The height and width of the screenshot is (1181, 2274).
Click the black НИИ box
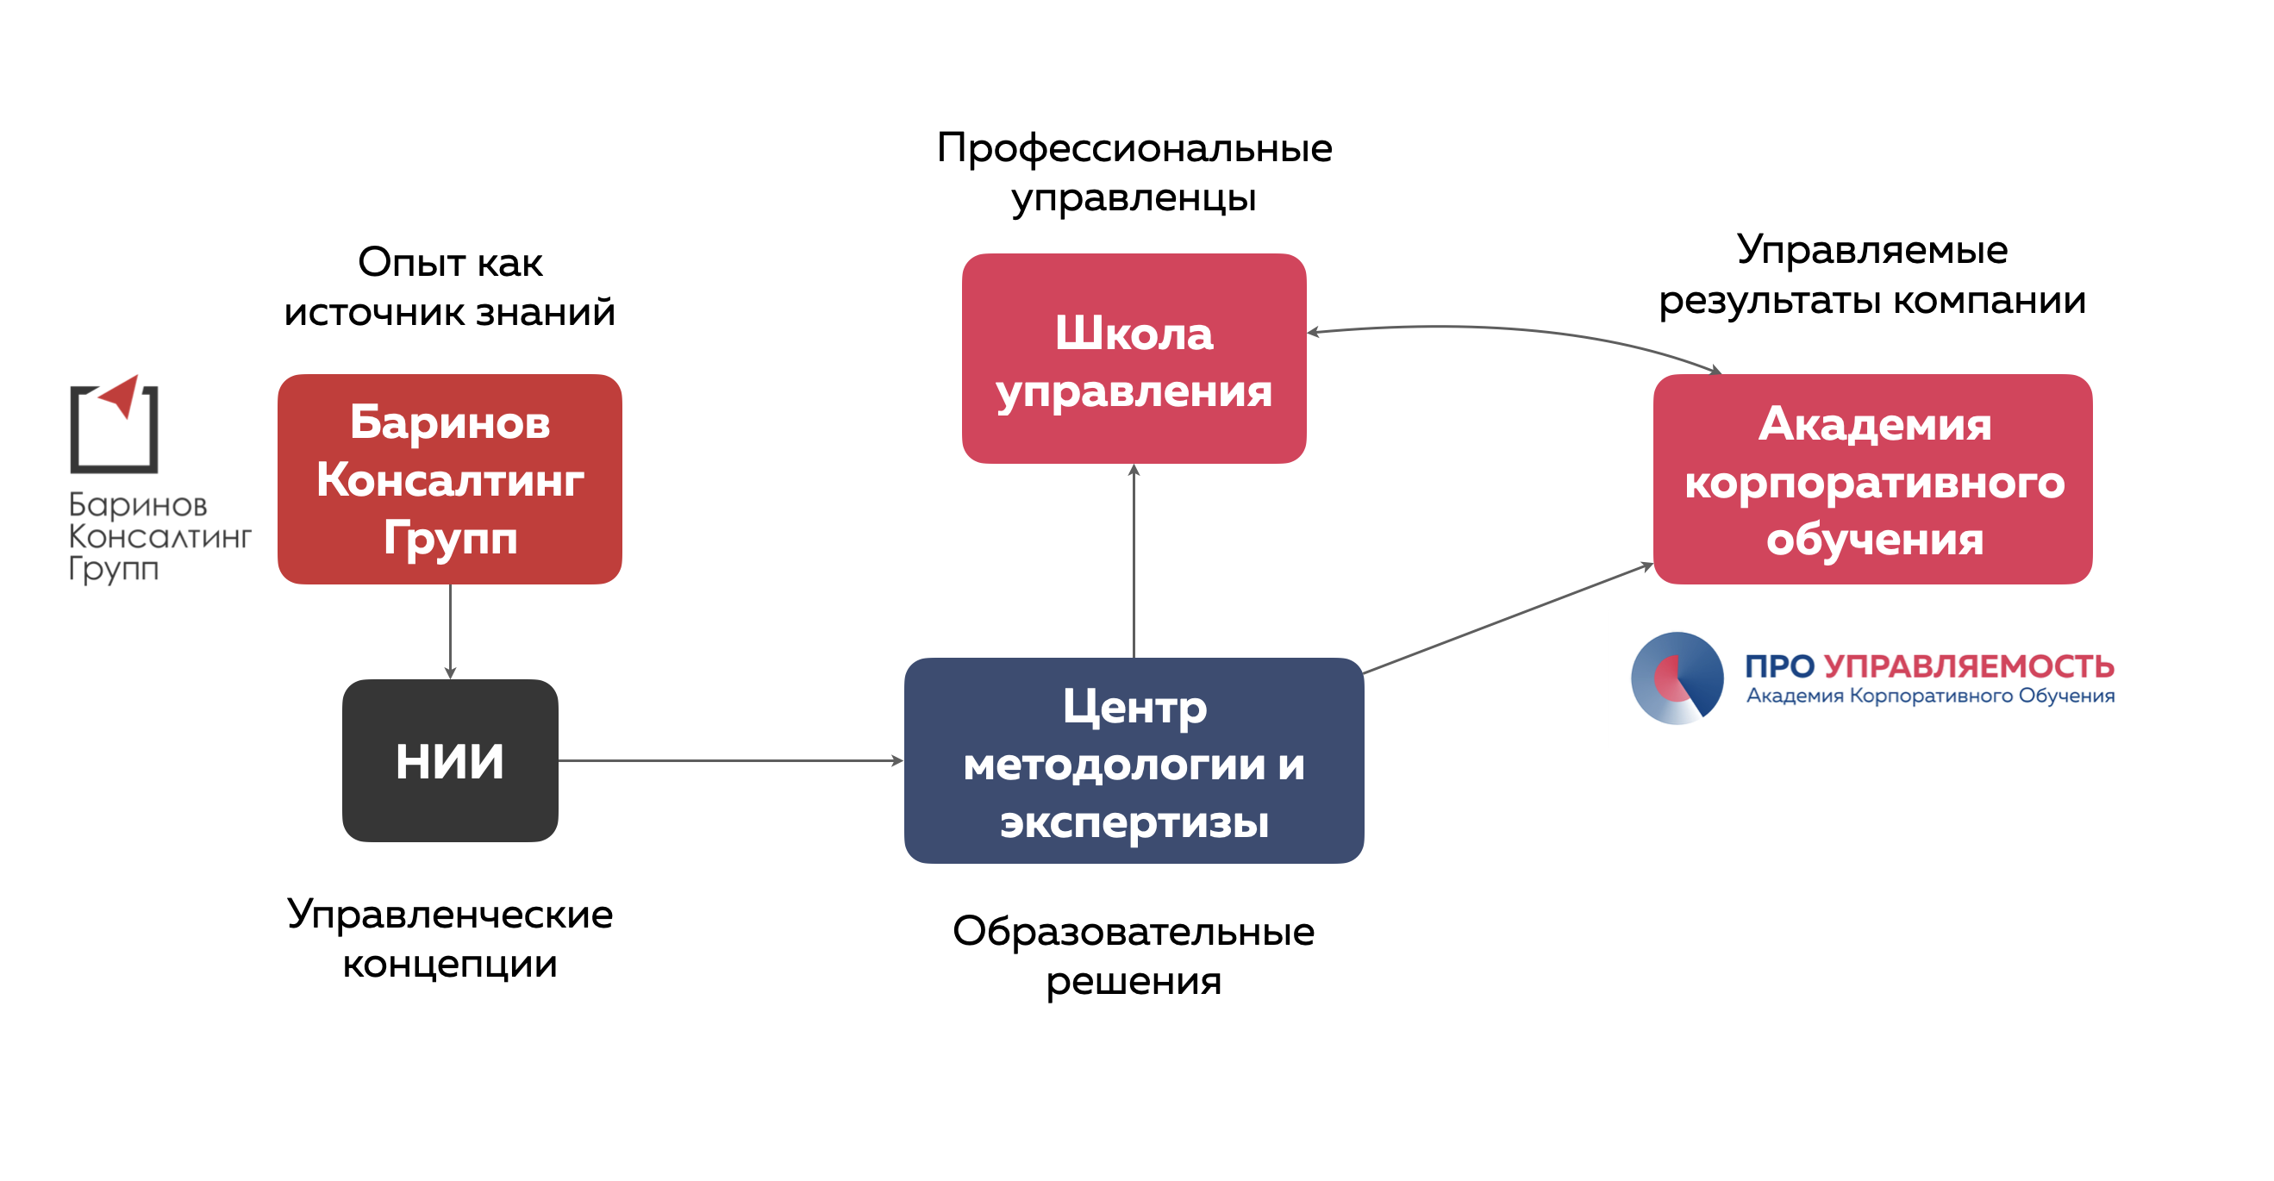[450, 760]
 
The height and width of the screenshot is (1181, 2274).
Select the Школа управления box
[1134, 359]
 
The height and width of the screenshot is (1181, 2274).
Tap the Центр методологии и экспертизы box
[1134, 761]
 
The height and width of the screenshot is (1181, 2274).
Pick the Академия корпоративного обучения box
[1872, 479]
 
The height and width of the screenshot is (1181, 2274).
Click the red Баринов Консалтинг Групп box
[449, 479]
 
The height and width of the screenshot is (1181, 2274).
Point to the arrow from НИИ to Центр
[731, 760]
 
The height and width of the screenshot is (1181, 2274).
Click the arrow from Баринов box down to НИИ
[450, 631]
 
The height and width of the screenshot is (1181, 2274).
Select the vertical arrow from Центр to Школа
[1134, 560]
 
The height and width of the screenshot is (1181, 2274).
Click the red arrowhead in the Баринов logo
[120, 395]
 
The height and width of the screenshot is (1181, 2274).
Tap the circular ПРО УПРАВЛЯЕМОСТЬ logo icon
[1677, 678]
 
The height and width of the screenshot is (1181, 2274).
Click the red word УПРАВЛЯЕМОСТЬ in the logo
[1969, 666]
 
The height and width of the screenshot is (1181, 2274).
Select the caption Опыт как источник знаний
[449, 287]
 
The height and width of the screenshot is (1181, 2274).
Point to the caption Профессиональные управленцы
[1134, 172]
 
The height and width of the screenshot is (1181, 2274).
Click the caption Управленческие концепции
[449, 938]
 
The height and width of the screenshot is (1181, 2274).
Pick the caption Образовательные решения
[1134, 956]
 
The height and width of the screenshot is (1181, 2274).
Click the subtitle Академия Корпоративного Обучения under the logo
[1930, 697]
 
